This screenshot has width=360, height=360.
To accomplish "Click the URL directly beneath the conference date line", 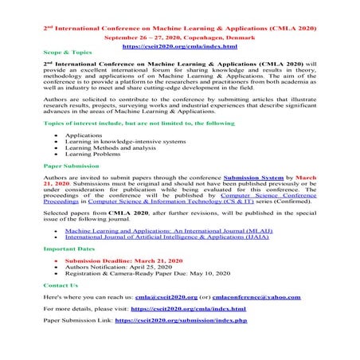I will click(180, 36).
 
